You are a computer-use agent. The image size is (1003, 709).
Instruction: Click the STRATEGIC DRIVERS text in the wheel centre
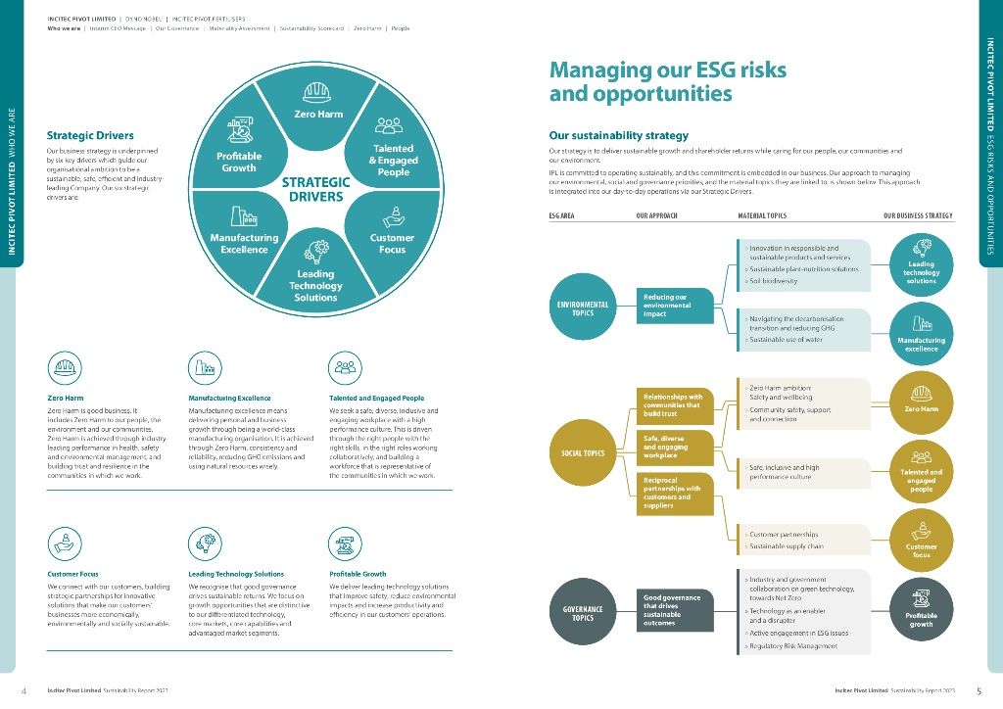coord(315,189)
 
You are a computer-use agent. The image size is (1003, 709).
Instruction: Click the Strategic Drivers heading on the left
coord(90,135)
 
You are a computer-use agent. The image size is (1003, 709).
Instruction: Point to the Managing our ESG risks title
coord(667,81)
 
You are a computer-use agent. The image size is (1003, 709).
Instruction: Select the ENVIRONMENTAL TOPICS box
coord(583,308)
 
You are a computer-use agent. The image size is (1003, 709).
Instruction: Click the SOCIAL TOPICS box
coord(583,453)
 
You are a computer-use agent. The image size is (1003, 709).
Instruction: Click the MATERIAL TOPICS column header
coord(761,215)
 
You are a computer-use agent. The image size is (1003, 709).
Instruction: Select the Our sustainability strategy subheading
coord(618,135)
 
